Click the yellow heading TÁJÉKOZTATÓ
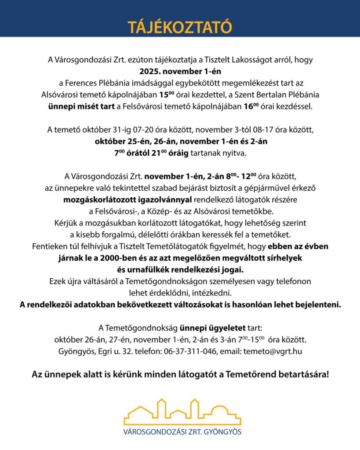[x=180, y=27]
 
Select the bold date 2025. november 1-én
[x=180, y=70]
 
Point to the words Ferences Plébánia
[x=102, y=82]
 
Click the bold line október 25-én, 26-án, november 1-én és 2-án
[x=180, y=142]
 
